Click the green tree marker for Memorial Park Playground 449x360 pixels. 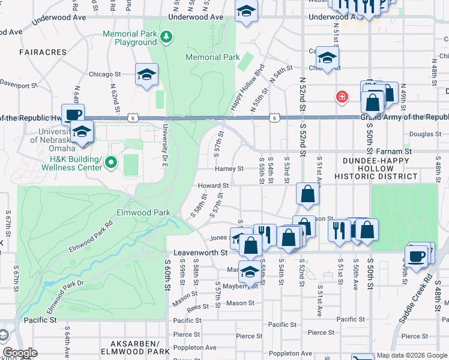tap(166, 38)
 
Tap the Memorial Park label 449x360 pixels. tap(212, 58)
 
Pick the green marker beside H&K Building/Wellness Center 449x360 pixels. tap(110, 162)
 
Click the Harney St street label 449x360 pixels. tap(229, 169)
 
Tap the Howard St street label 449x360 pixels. tap(214, 186)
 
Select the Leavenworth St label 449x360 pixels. tap(198, 253)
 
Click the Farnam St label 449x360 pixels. tap(399, 152)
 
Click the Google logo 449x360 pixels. tap(20, 353)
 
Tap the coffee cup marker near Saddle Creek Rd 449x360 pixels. tap(417, 256)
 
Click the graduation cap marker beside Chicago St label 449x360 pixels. tap(145, 74)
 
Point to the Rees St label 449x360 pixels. tap(198, 307)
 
